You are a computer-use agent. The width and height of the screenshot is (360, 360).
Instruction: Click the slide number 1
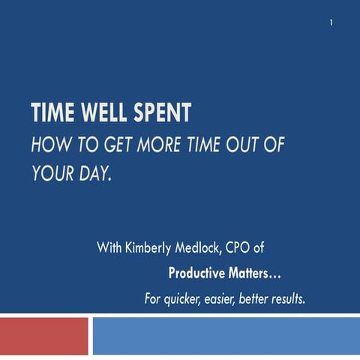point(331,23)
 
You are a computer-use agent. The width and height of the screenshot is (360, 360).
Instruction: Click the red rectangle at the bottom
point(44,336)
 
